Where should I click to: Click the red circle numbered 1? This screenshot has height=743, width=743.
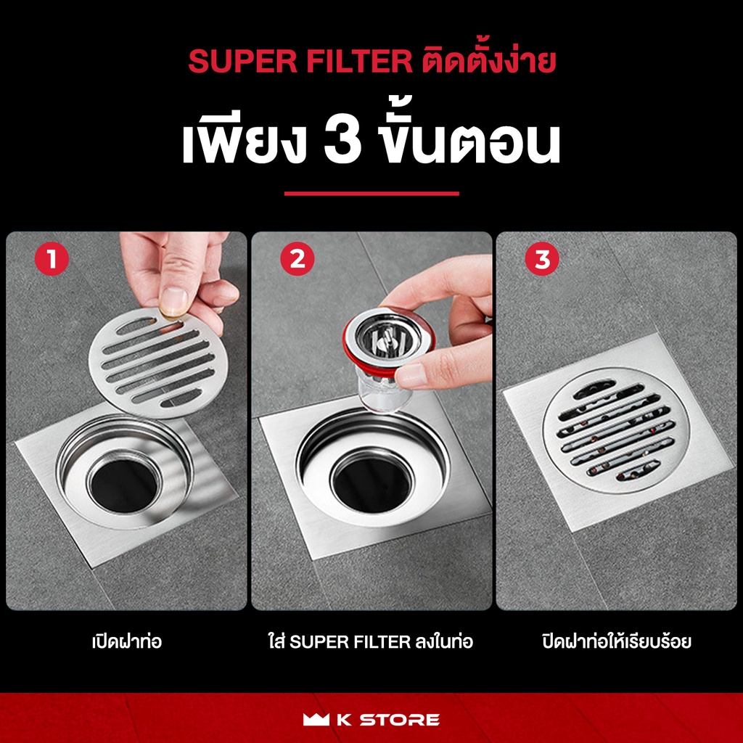tap(52, 259)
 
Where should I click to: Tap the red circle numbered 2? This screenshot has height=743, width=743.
tap(297, 259)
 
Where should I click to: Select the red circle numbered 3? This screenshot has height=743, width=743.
tap(542, 259)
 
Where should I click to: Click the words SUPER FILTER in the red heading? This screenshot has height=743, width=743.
tap(300, 62)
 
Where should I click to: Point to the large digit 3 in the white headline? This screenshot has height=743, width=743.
tap(342, 141)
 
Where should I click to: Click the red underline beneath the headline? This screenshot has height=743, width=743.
tap(371, 193)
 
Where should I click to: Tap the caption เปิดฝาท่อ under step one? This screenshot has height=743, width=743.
tap(126, 641)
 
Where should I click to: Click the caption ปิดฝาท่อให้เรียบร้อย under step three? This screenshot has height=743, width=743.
tap(617, 641)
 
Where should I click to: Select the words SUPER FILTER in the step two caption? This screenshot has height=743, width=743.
tap(350, 642)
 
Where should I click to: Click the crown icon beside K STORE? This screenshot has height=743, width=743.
tap(316, 719)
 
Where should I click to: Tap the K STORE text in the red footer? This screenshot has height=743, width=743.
tap(388, 720)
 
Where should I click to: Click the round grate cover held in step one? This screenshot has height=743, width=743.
tap(158, 363)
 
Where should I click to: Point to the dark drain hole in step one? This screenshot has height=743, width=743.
tap(124, 485)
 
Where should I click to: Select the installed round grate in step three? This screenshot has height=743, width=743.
tap(616, 430)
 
